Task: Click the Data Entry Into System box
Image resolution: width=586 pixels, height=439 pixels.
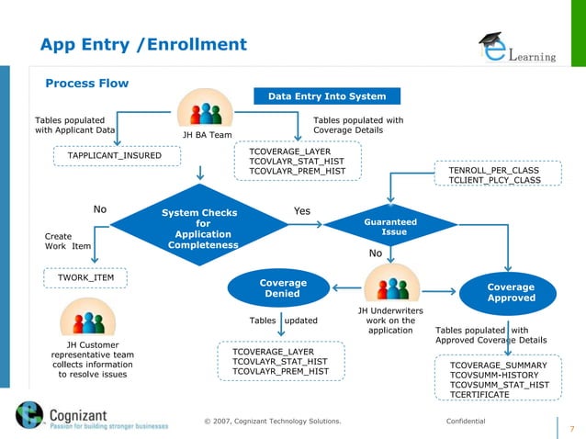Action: (x=327, y=96)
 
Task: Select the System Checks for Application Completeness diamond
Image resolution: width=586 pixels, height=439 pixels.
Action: (x=199, y=229)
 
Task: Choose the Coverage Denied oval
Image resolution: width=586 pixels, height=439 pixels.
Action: (x=283, y=287)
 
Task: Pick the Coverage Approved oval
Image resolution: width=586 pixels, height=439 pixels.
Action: (x=511, y=293)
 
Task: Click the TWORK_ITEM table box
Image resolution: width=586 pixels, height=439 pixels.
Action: (x=86, y=276)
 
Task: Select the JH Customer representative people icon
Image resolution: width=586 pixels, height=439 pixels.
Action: (x=88, y=322)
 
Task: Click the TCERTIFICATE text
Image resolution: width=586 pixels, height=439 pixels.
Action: (x=479, y=394)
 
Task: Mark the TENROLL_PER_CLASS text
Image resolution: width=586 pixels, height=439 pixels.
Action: (x=494, y=171)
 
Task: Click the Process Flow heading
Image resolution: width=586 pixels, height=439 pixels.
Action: (x=87, y=84)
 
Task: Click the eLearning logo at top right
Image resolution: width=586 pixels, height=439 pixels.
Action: (x=517, y=49)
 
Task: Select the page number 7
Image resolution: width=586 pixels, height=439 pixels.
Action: (x=572, y=429)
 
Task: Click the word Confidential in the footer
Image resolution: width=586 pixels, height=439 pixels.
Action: (x=466, y=422)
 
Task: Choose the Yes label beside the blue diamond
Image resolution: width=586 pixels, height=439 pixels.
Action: (x=301, y=211)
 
